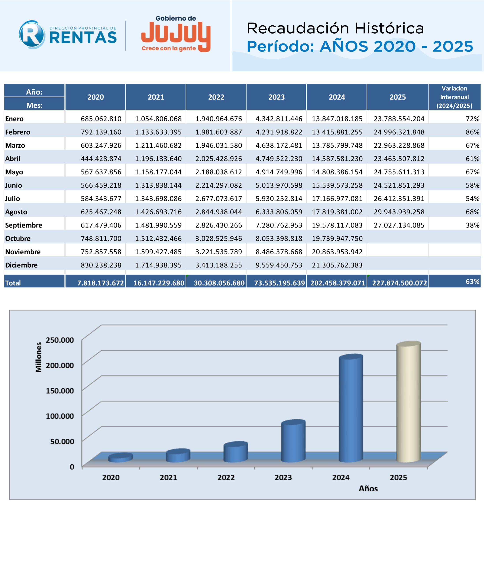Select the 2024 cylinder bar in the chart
pyautogui.click(x=351, y=409)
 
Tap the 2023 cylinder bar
pyautogui.click(x=293, y=442)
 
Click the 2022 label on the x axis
pyautogui.click(x=226, y=477)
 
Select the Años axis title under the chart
pyautogui.click(x=368, y=488)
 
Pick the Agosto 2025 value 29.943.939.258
pyautogui.click(x=399, y=212)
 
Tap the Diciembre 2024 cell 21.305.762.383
pyautogui.click(x=337, y=265)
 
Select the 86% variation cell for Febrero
pyautogui.click(x=472, y=132)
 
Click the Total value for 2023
pyautogui.click(x=279, y=283)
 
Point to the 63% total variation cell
pyautogui.click(x=472, y=282)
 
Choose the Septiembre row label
pyautogui.click(x=24, y=225)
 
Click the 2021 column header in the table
pyautogui.click(x=156, y=97)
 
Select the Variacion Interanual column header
pyautogui.click(x=454, y=97)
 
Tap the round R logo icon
pyautogui.click(x=32, y=35)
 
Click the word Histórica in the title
pyautogui.click(x=389, y=28)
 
